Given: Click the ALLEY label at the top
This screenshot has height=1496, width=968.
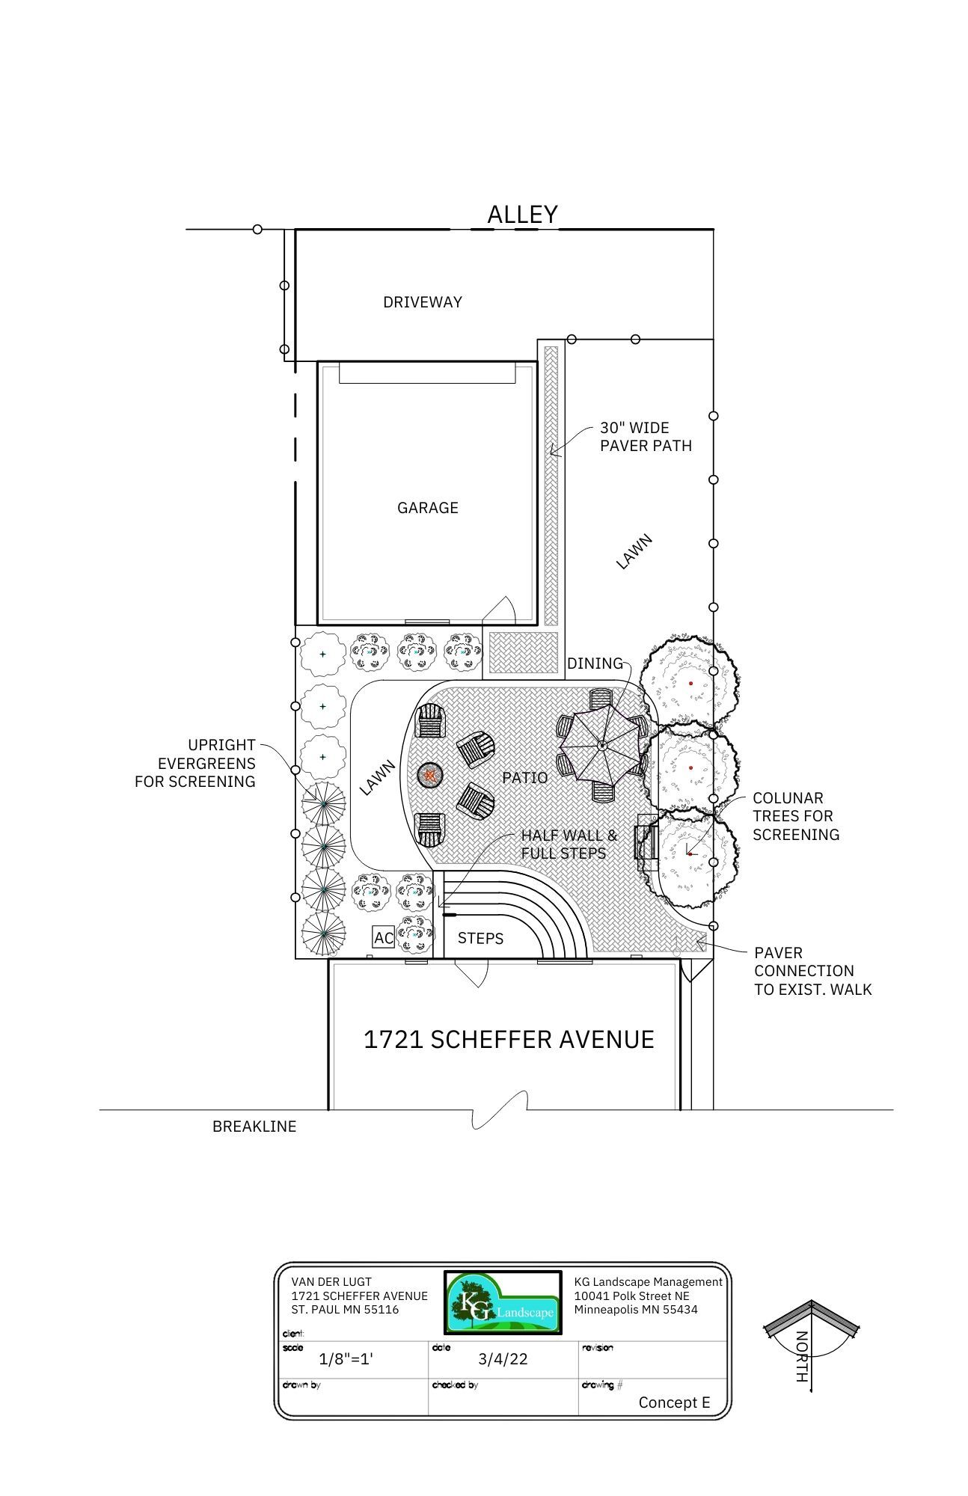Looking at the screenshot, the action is pos(522,215).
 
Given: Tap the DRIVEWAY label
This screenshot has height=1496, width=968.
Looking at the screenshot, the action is pos(423,302).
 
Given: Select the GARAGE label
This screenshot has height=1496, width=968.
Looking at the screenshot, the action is pos(428,508).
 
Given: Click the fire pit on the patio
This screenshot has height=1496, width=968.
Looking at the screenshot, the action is pos(430,775).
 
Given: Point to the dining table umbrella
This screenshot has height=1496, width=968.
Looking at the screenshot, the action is pos(602,745).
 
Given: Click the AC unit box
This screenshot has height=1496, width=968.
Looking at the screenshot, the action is pos(384,938).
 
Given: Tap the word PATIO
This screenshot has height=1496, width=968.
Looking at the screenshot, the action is pos(525,778).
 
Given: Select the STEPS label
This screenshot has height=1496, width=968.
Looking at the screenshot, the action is pos(480,938).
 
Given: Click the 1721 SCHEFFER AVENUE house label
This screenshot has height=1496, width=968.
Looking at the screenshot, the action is pos(509,1039).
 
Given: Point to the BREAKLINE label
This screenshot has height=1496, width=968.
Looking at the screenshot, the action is pos(254,1126).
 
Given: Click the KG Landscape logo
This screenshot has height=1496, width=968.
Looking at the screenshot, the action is pos(503,1302).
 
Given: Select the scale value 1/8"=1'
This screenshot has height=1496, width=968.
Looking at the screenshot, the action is pos(346,1359).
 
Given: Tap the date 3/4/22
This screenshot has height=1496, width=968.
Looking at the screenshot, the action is pos(503,1359).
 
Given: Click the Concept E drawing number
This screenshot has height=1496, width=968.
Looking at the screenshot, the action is pos(674,1402).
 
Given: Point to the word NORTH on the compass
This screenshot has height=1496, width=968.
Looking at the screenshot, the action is pos(802,1357).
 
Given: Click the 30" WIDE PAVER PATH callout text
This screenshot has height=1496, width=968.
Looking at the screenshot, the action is pos(646,437).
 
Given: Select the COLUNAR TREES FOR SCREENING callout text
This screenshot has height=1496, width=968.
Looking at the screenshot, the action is pos(796,816).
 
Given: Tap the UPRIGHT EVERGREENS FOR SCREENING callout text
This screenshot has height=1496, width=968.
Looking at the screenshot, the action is pos(195,763).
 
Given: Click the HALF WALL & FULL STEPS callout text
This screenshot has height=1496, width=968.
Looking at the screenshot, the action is pos(569,844).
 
